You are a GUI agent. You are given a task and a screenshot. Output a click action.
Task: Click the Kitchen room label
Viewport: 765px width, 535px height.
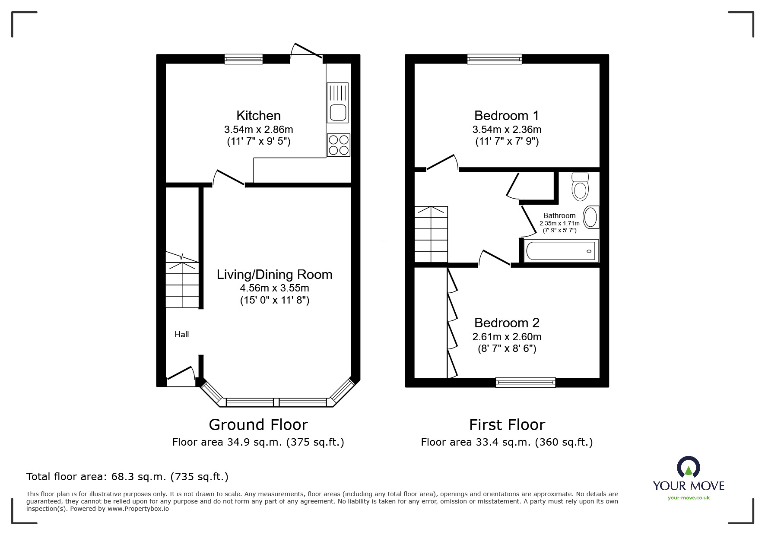[258, 116]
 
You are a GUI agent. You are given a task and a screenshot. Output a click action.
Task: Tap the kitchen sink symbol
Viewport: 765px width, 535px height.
[338, 103]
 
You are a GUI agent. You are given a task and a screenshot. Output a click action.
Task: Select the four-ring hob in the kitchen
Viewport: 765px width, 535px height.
[339, 145]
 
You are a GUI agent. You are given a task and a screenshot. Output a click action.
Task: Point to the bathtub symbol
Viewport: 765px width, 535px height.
[561, 251]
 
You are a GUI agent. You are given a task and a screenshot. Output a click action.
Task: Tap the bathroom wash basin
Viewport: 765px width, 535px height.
[590, 217]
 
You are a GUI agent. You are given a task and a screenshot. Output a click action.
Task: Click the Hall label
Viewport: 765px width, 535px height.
[181, 334]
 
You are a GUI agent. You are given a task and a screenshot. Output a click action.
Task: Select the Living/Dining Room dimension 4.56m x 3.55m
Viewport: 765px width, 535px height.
[274, 288]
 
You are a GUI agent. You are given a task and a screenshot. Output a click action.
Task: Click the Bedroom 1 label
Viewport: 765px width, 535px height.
[506, 116]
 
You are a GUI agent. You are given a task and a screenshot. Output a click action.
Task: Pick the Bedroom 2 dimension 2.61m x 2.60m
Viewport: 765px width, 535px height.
[506, 337]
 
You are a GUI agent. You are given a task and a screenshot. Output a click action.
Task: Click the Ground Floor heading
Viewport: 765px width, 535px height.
[258, 425]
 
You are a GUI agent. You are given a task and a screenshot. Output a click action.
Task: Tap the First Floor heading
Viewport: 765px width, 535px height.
[507, 425]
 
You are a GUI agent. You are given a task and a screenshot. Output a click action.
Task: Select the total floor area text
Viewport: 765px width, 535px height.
[127, 477]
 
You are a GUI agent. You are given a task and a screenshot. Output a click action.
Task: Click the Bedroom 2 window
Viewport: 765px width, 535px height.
[525, 382]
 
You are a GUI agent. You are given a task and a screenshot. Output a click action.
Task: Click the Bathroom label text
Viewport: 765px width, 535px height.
[559, 215]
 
